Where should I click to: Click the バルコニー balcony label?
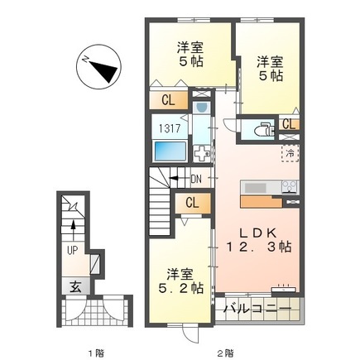pos(257,310)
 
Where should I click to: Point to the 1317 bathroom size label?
pos(168,129)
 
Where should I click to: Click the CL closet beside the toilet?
pos(288,124)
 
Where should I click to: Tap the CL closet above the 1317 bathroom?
pos(167,101)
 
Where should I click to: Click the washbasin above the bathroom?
pos(201,107)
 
